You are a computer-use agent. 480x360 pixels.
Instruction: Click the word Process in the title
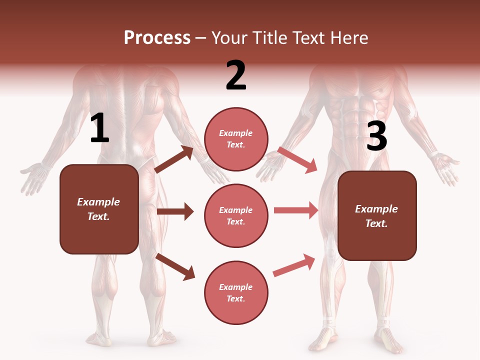tap(157, 38)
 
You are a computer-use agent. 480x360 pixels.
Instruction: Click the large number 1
tap(99, 128)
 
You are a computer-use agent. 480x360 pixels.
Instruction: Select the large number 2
tap(236, 75)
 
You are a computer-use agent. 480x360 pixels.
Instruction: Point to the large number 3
tap(376, 136)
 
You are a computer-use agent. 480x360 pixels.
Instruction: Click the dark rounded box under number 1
tap(99, 209)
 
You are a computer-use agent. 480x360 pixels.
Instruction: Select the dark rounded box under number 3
tap(377, 215)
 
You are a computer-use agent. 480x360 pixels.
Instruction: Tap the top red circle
tap(236, 139)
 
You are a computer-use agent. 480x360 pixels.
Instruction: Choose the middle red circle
tap(236, 215)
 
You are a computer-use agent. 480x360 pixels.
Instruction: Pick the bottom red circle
tap(236, 292)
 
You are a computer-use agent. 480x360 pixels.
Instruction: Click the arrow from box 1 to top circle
tap(174, 159)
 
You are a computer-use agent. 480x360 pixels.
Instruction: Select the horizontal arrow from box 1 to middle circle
tap(175, 211)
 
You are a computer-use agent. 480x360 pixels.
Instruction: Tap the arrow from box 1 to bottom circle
tap(175, 266)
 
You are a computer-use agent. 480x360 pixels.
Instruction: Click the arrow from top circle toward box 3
tap(297, 159)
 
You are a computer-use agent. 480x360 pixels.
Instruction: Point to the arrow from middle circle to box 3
tap(295, 210)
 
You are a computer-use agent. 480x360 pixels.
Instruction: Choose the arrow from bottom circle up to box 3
tap(294, 265)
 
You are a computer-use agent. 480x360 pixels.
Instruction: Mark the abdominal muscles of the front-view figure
tap(356, 120)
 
